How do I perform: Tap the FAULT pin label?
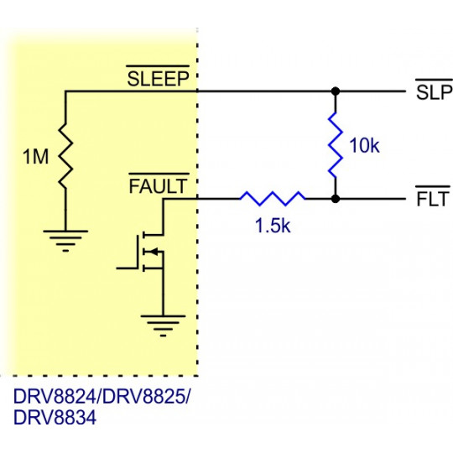pyautogui.click(x=159, y=186)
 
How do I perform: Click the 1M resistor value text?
pyautogui.click(x=36, y=157)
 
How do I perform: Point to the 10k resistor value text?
pyautogui.click(x=364, y=146)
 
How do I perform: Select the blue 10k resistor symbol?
pyautogui.click(x=336, y=144)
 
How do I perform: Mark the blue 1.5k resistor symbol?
pyautogui.click(x=273, y=199)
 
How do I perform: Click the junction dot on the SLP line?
pyautogui.click(x=336, y=91)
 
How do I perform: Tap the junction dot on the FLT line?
pyautogui.click(x=336, y=199)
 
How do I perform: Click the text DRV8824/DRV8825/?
pyautogui.click(x=102, y=397)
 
